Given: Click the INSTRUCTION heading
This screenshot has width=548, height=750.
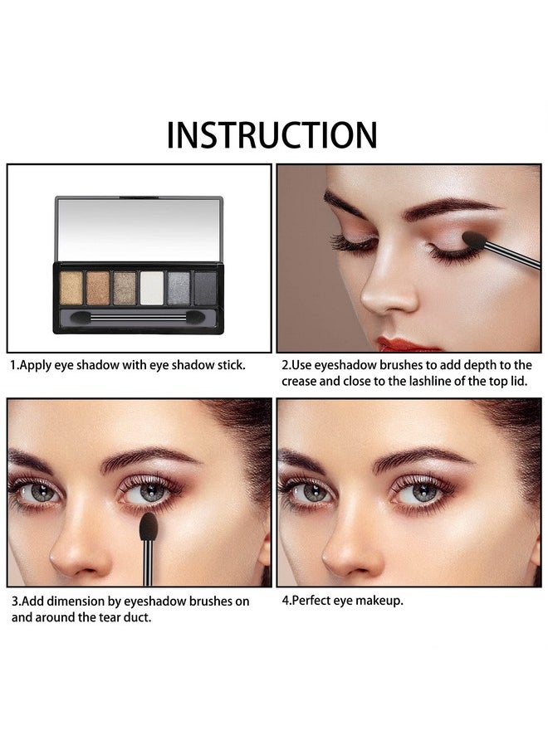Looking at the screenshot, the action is tap(272, 134).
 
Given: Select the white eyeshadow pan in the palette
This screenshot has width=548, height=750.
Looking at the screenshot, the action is tap(152, 288).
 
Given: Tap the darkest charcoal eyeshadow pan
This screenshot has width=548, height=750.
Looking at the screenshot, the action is tap(205, 288).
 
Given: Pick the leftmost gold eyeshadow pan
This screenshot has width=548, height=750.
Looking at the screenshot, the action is tap(71, 288).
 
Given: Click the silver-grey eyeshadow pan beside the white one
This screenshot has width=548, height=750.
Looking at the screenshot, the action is tap(179, 288).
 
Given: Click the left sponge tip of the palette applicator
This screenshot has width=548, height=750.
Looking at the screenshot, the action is tap(81, 317).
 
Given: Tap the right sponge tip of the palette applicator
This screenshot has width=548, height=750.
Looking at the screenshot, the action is tap(195, 317).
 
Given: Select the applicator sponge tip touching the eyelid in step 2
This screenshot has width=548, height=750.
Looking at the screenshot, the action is tap(474, 239).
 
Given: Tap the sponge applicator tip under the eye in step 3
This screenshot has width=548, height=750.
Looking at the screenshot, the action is tap(149, 526).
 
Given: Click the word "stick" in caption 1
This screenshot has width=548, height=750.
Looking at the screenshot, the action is tap(231, 365).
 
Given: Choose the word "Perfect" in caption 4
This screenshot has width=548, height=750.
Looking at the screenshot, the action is tap(311, 601).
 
